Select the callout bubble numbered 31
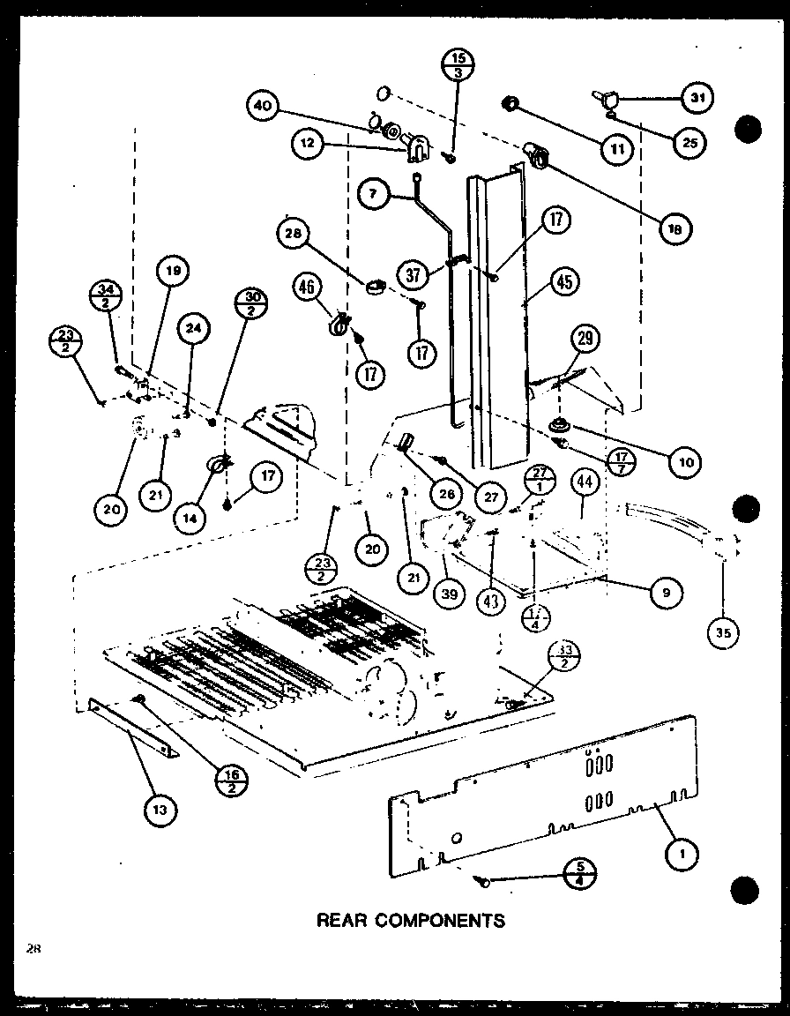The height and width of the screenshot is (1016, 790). point(697,97)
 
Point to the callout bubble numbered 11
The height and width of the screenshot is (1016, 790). point(618,148)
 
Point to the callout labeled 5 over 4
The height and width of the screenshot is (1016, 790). point(579,875)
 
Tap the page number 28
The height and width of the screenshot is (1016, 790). point(33,948)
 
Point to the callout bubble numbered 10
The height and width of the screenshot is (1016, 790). point(685,460)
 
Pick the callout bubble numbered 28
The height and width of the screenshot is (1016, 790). point(294,234)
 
